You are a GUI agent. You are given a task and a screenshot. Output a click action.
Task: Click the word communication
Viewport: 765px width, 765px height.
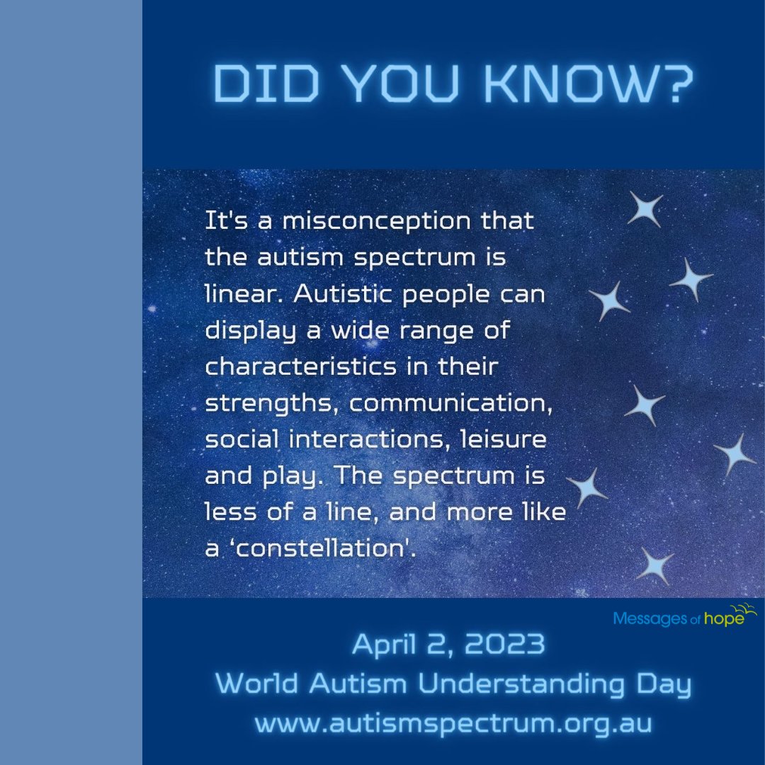coord(447,403)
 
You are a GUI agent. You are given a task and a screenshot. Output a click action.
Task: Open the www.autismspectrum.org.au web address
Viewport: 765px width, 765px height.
coord(453,724)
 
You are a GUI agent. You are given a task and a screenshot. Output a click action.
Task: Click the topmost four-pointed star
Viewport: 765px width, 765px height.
coord(645,210)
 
